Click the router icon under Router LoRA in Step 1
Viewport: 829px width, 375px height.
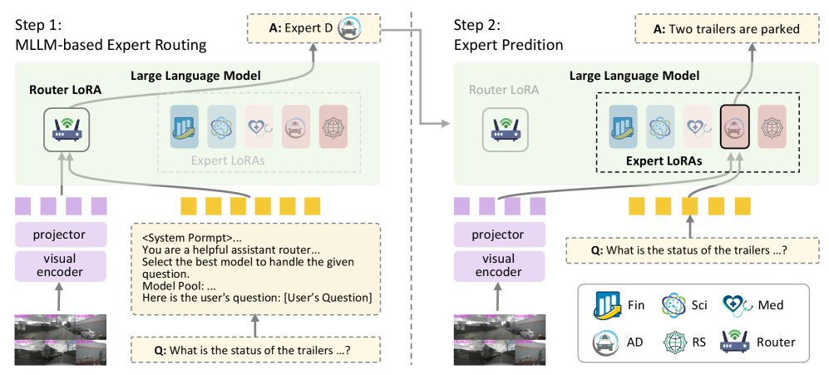(67, 128)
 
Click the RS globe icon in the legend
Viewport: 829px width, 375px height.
(674, 341)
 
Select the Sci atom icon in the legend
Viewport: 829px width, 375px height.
(674, 305)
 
